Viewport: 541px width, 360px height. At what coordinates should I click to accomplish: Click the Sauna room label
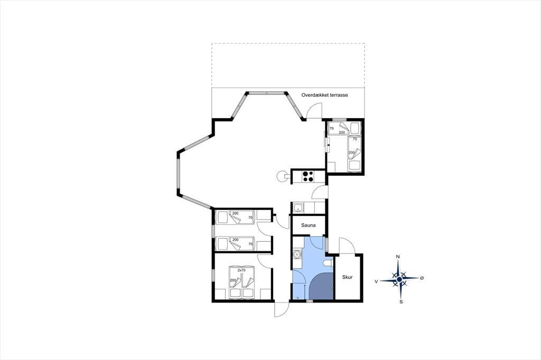tap(308, 225)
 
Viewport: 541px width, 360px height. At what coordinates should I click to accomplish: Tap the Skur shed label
tap(347, 277)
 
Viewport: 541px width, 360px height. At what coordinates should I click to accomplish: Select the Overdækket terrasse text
tap(324, 95)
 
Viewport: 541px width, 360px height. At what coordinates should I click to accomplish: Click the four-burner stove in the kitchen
tap(308, 176)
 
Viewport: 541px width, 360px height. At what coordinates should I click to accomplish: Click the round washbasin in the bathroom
tap(296, 254)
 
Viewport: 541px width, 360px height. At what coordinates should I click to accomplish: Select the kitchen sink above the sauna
tap(298, 208)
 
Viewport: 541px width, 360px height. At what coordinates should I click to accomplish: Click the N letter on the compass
tap(398, 257)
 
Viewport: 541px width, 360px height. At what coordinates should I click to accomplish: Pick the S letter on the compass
tap(401, 302)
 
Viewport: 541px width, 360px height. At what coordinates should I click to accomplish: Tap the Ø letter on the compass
tap(422, 278)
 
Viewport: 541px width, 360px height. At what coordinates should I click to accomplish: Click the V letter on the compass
tap(376, 281)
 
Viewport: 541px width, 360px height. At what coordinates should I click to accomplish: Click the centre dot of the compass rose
tap(399, 279)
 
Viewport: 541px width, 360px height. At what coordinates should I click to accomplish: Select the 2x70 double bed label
tap(241, 270)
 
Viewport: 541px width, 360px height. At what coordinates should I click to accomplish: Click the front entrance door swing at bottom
tap(281, 310)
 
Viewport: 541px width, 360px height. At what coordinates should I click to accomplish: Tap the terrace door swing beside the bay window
tap(314, 111)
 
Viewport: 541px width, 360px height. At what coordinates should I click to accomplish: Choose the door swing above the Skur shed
tap(347, 246)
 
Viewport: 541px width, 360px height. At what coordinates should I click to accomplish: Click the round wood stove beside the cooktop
tap(281, 176)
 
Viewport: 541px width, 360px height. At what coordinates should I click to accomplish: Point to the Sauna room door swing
tap(316, 240)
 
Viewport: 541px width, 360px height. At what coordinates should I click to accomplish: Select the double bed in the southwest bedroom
tap(241, 283)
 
